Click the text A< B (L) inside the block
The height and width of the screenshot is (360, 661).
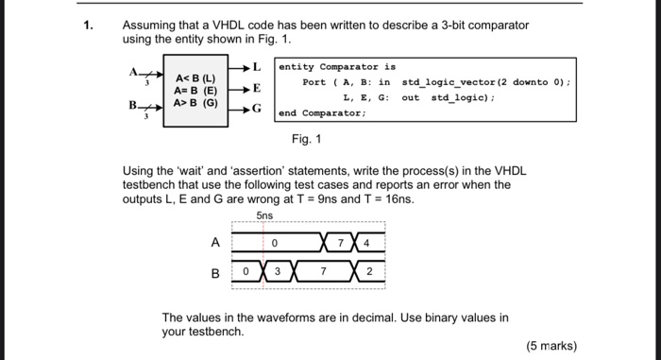(x=195, y=77)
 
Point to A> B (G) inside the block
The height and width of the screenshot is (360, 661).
(x=195, y=101)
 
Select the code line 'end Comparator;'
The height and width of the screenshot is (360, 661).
(x=322, y=112)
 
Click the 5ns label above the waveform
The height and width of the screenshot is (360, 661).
(x=264, y=216)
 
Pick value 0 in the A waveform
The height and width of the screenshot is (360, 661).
(x=273, y=243)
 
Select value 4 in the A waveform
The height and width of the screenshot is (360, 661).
(x=367, y=243)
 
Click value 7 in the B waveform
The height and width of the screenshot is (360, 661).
(x=324, y=273)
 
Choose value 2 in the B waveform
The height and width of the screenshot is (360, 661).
(x=370, y=273)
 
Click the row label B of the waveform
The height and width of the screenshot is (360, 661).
(x=215, y=274)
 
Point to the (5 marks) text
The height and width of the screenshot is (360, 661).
(x=551, y=346)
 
